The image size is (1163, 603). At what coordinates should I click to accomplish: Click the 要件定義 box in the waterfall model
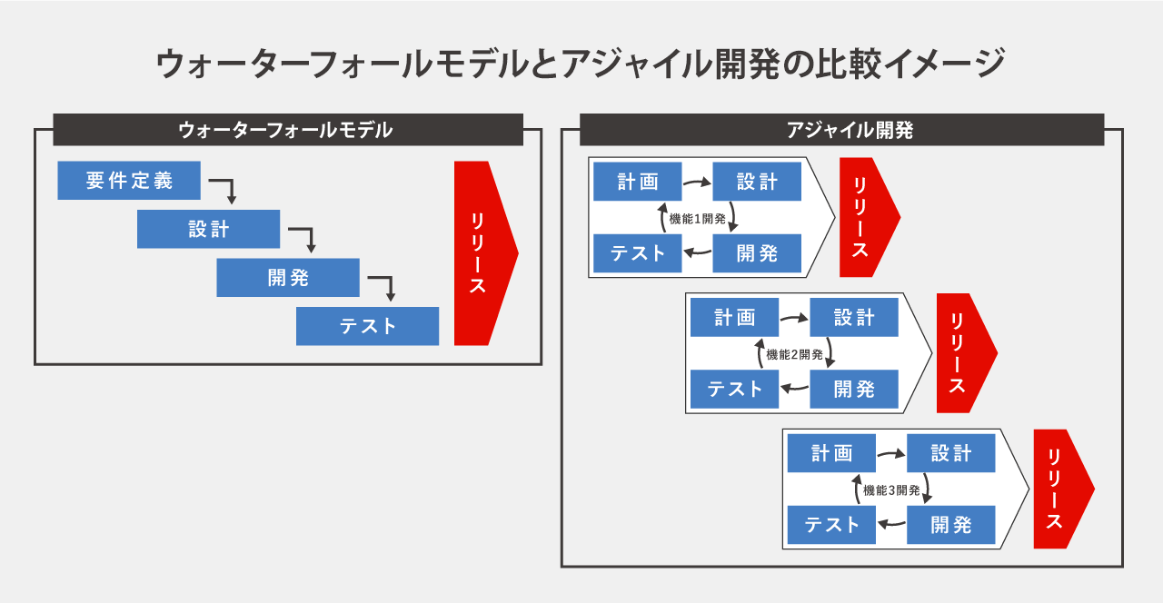[x=129, y=180]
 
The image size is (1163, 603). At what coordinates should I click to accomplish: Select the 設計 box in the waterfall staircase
[x=208, y=229]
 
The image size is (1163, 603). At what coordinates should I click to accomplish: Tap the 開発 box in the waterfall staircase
[x=288, y=278]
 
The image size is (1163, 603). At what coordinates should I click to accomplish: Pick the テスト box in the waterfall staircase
[x=367, y=326]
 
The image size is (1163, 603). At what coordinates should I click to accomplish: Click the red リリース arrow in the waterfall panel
[x=486, y=253]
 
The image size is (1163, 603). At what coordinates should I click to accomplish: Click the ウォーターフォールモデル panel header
[x=288, y=130]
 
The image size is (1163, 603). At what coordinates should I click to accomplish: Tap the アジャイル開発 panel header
[x=841, y=130]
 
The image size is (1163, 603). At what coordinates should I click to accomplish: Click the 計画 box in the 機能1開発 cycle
[x=638, y=181]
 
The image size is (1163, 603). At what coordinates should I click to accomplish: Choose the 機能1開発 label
[x=697, y=219]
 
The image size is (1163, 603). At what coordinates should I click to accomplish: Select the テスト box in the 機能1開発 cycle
[x=638, y=253]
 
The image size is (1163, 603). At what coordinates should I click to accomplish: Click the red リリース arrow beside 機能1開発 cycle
[x=870, y=217]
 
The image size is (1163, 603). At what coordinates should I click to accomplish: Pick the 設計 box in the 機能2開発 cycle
[x=854, y=317]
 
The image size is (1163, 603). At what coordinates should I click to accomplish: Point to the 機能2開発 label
[x=794, y=354]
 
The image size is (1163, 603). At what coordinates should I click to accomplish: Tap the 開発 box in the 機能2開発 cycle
[x=854, y=390]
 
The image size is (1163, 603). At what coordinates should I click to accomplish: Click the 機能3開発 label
[x=891, y=489]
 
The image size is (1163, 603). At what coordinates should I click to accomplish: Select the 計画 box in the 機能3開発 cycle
[x=831, y=453]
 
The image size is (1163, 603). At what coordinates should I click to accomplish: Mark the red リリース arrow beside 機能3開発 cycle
[x=1064, y=489]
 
